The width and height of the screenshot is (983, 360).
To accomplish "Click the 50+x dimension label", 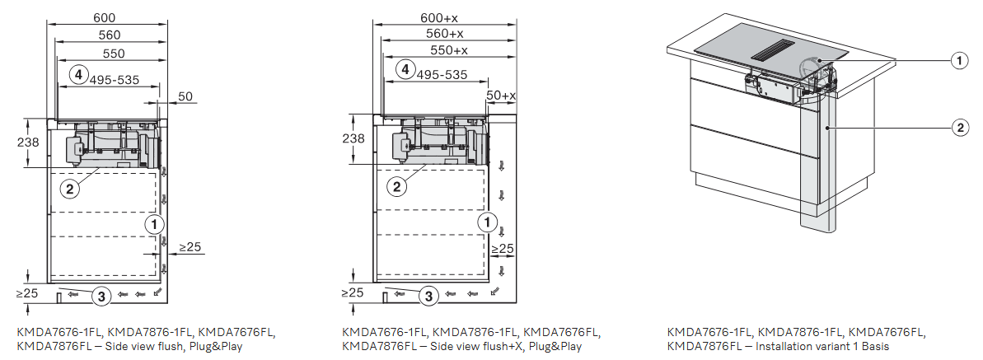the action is [x=500, y=96].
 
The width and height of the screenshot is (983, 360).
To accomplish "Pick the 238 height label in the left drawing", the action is [x=28, y=143].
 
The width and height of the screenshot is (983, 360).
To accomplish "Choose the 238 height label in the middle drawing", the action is [x=353, y=138].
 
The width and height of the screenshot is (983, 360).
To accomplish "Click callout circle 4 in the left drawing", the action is [x=77, y=74].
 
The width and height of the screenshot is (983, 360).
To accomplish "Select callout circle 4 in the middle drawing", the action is [x=406, y=70].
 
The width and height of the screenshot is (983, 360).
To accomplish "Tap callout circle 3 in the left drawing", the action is [x=101, y=296].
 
